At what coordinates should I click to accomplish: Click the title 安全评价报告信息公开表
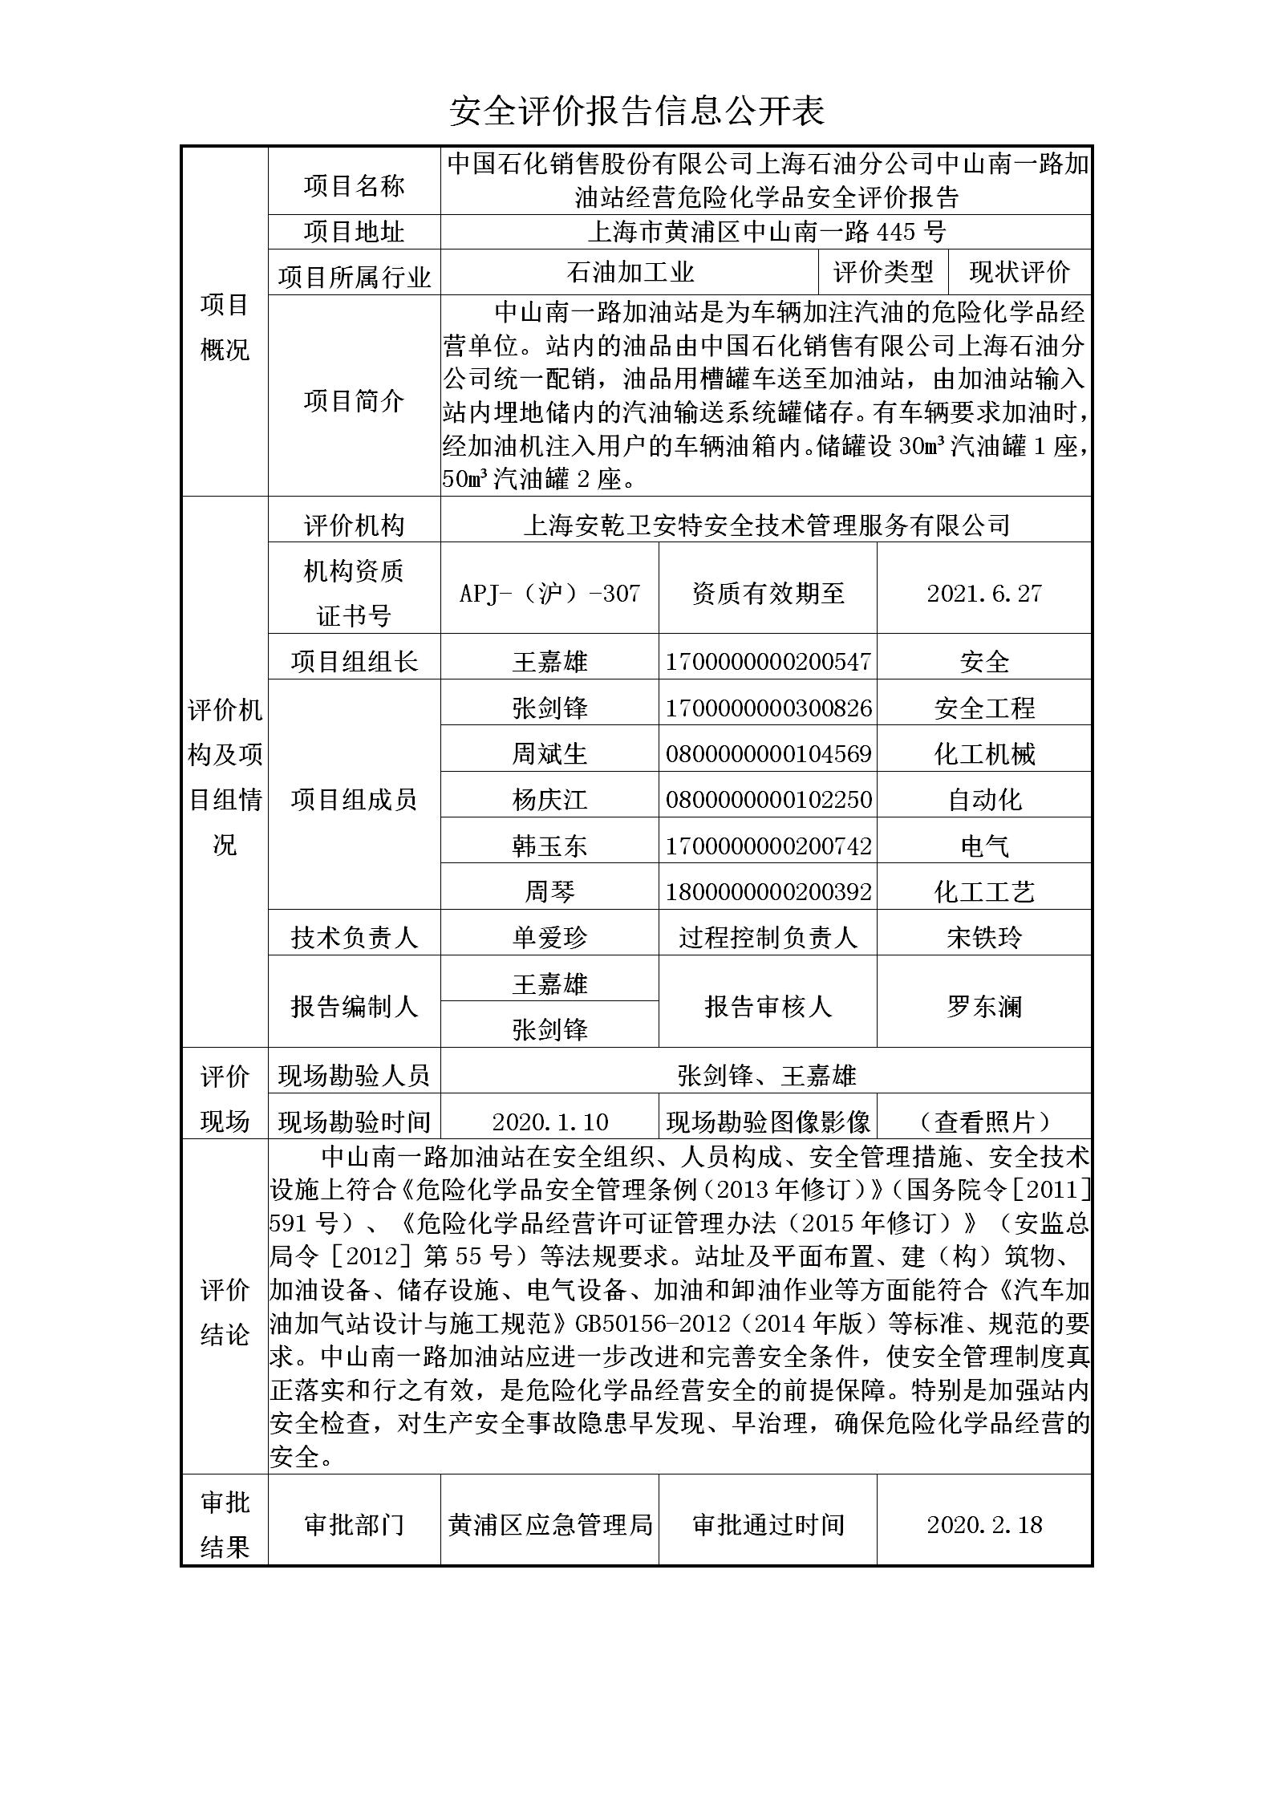(x=636, y=112)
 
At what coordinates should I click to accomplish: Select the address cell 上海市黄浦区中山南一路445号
(x=766, y=233)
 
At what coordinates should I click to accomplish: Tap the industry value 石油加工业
(x=630, y=273)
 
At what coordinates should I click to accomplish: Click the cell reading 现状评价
(x=1019, y=273)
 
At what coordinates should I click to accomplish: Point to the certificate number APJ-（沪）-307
(x=549, y=593)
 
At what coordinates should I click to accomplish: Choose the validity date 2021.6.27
(x=984, y=593)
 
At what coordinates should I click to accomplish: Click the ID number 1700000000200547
(x=768, y=662)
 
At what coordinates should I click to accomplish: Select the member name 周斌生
(x=549, y=753)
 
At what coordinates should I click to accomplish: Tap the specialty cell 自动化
(x=984, y=800)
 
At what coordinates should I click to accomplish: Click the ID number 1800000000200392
(x=768, y=891)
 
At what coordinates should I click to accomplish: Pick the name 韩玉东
(x=549, y=846)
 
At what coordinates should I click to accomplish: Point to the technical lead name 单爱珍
(x=549, y=937)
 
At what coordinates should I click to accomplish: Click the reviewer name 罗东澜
(x=984, y=1006)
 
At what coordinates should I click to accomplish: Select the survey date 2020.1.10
(x=549, y=1122)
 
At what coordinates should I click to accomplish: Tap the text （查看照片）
(x=984, y=1122)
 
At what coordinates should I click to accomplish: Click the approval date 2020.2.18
(x=984, y=1524)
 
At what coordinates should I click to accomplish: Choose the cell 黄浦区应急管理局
(x=549, y=1524)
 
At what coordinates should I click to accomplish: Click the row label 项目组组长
(x=354, y=662)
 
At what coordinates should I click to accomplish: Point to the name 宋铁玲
(x=984, y=937)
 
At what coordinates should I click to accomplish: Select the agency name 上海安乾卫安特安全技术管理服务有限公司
(x=766, y=525)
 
